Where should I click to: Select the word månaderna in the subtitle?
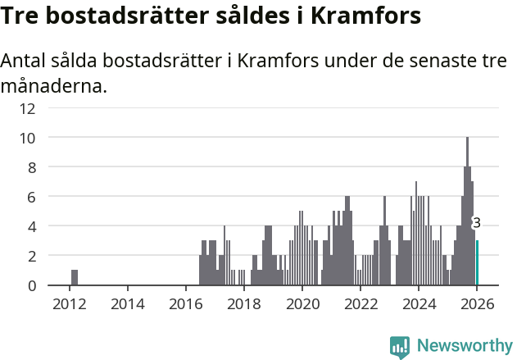point(54,85)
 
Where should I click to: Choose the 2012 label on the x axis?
point(70,303)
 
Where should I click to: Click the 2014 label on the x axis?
point(128,303)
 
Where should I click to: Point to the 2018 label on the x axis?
point(244,303)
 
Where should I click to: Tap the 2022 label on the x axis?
point(361,303)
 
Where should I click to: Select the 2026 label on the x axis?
point(477,303)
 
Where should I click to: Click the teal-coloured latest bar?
point(478,263)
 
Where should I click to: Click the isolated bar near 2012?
point(75,277)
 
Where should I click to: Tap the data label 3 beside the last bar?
point(476,223)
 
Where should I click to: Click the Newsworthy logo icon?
point(400,347)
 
